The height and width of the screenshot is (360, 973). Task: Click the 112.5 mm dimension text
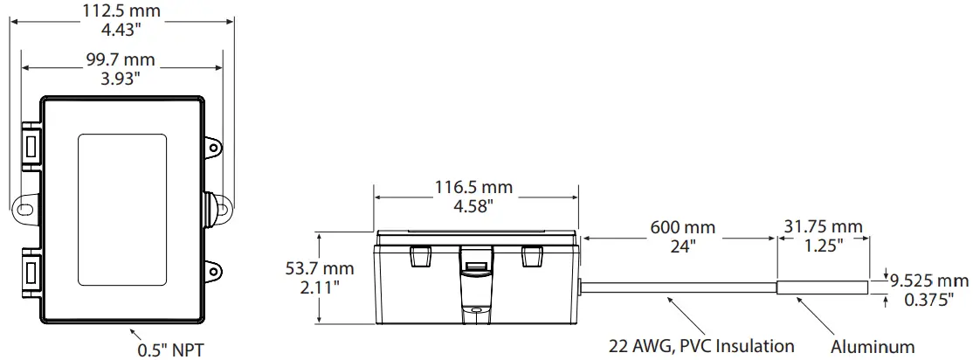121,10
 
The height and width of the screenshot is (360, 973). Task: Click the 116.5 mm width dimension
473,188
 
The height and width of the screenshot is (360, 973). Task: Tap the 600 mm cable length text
681,228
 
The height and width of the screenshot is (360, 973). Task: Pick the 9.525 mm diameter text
929,281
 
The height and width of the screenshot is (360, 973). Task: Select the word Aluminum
873,346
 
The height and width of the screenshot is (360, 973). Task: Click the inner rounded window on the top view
122,209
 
